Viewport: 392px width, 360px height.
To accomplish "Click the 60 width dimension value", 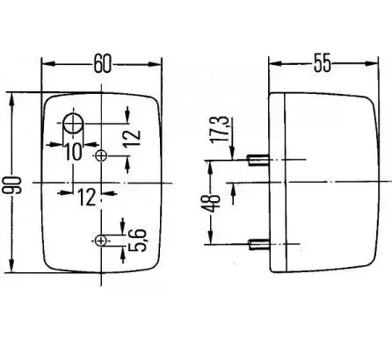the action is pos(103,63).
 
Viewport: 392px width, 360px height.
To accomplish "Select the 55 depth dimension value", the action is pos(322,62).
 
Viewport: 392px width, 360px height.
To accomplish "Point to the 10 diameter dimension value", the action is pos(73,151).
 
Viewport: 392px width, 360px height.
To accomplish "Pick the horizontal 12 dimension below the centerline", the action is pos(87,197).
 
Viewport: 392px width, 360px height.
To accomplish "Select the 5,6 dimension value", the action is pos(137,240).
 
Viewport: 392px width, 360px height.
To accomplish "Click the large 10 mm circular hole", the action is pos(73,124).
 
